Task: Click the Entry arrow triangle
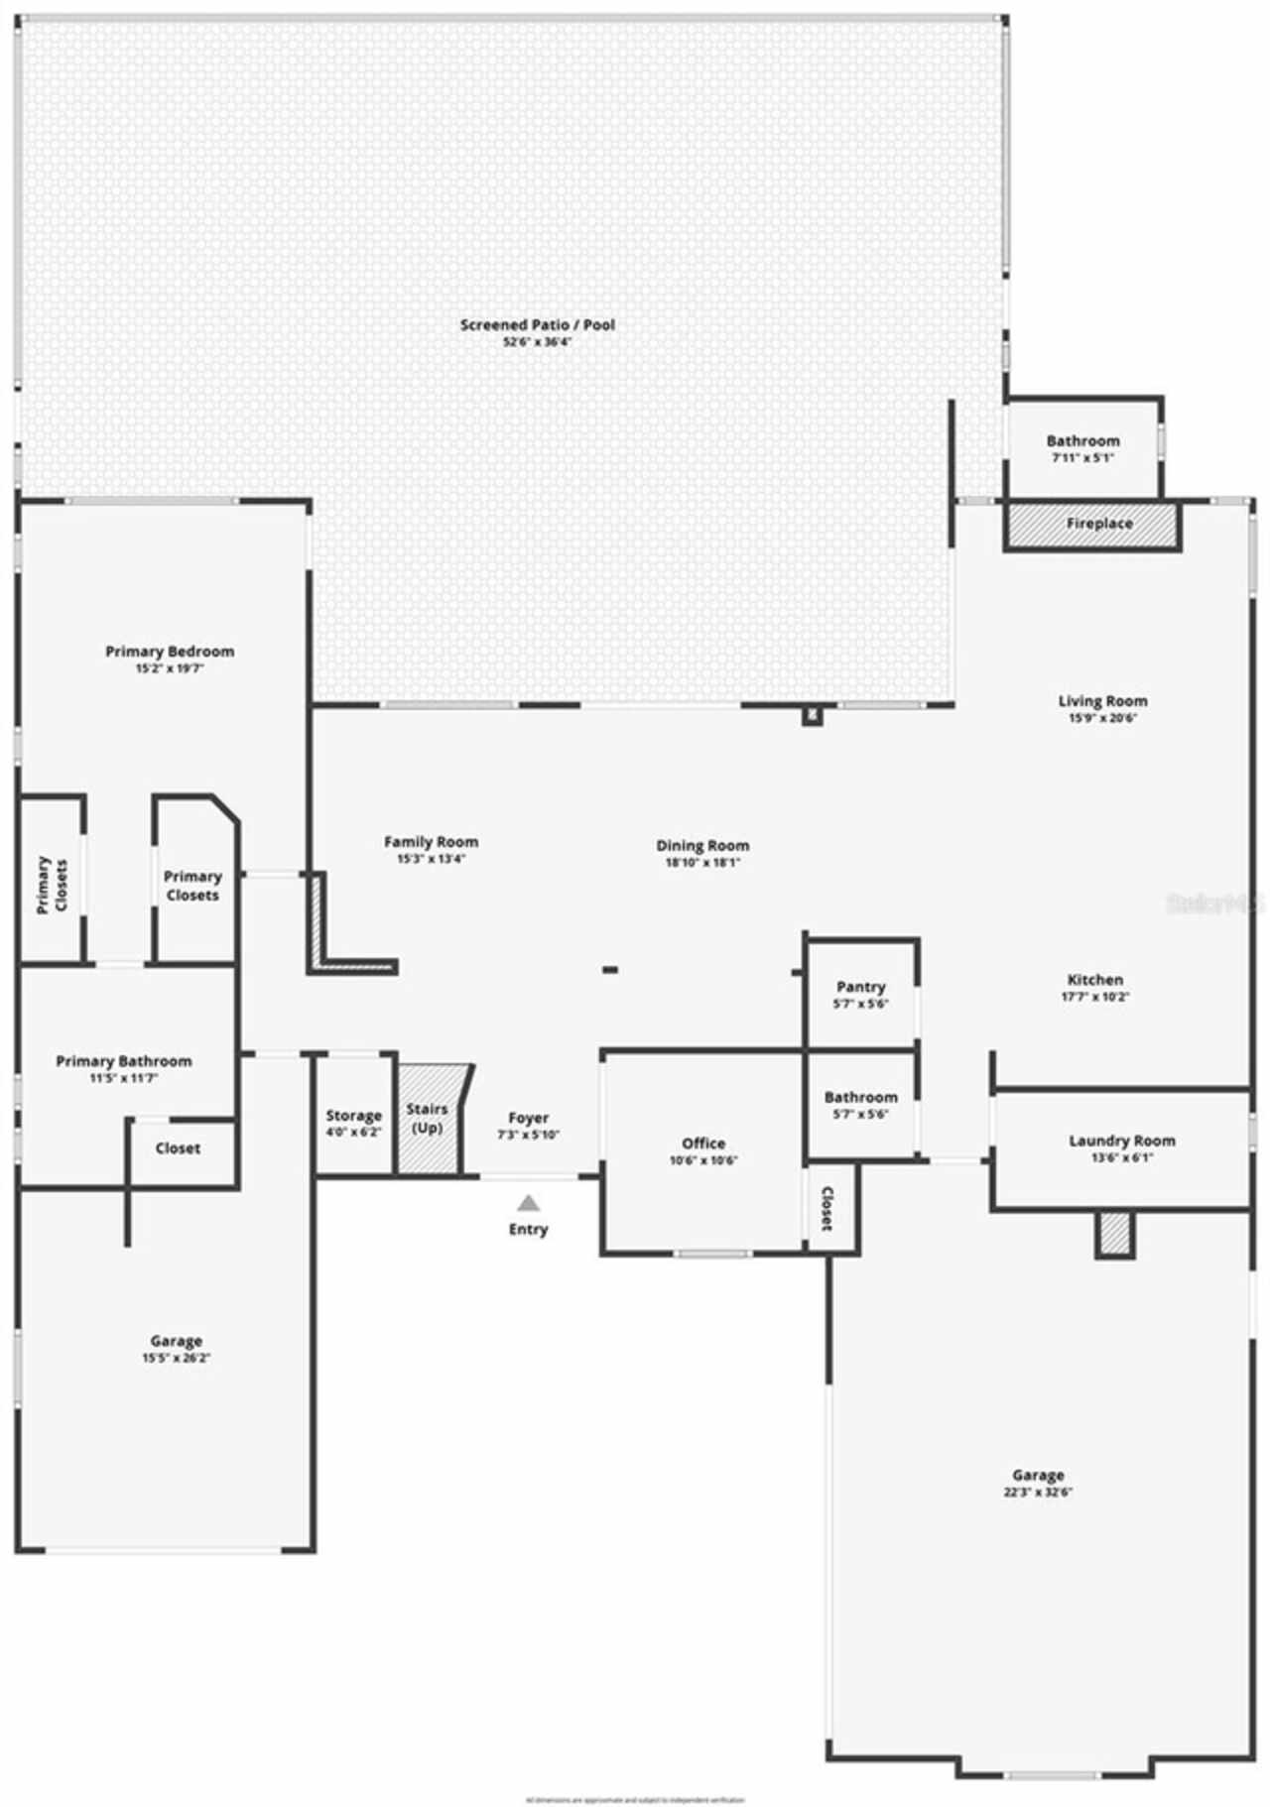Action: coord(529,1203)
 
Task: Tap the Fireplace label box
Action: coord(1099,524)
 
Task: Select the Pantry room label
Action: coord(860,987)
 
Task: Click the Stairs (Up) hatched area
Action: coord(429,1119)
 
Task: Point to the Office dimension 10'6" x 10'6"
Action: coord(703,1160)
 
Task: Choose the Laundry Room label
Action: coord(1121,1141)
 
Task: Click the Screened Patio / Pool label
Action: coord(537,324)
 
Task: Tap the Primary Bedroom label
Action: coord(170,652)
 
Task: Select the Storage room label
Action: coord(353,1116)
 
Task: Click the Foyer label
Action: coord(529,1118)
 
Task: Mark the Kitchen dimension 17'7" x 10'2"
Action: coord(1095,997)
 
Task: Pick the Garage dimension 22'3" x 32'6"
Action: coord(1038,1492)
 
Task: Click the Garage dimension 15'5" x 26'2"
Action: coord(176,1358)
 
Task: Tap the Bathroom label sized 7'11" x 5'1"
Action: coord(1082,440)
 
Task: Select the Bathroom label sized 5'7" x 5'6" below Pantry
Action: coord(860,1097)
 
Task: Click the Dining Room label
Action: coord(702,846)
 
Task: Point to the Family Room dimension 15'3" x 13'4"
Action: coord(431,859)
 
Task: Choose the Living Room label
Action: coord(1102,701)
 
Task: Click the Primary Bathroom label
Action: coord(124,1061)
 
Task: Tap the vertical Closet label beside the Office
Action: coord(826,1209)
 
